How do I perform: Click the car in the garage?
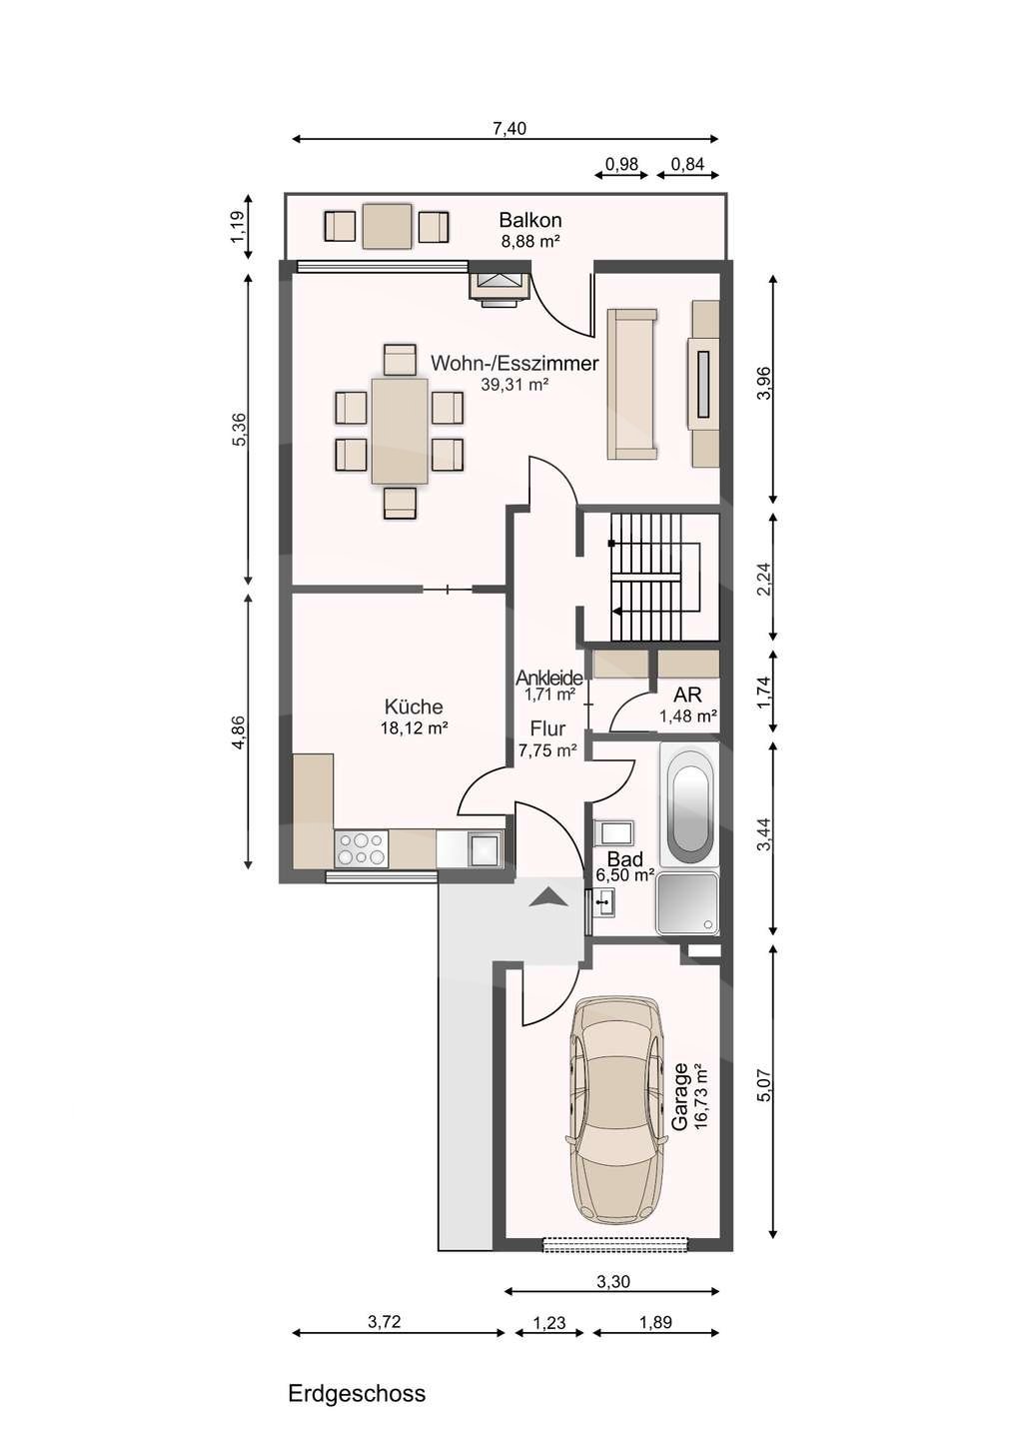click(615, 1109)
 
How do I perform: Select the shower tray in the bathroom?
click(686, 903)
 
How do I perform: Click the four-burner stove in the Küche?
click(362, 849)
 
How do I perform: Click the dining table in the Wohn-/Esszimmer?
click(400, 431)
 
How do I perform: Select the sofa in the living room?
click(632, 384)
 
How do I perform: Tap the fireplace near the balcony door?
click(499, 286)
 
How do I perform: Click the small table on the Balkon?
click(387, 226)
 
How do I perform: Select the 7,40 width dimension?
click(508, 128)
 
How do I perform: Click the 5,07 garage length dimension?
click(765, 1086)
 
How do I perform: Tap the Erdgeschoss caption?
click(357, 1393)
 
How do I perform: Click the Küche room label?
click(414, 707)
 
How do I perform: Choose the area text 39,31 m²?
click(514, 384)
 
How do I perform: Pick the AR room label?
click(687, 695)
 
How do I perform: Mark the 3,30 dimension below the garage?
click(612, 1282)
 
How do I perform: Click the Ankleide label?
click(549, 678)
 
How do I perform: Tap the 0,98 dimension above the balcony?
click(622, 165)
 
